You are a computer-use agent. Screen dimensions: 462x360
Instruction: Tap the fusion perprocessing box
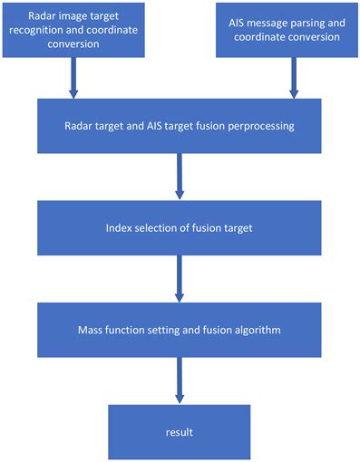[180, 126]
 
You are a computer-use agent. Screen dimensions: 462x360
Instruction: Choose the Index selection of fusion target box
[180, 227]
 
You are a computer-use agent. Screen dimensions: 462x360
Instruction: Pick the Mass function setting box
[180, 330]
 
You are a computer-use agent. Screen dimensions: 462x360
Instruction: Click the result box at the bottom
[180, 430]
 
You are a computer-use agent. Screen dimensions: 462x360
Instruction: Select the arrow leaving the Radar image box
[73, 79]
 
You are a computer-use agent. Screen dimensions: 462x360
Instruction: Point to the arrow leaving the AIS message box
[293, 79]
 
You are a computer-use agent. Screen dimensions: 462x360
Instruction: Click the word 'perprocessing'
[262, 127]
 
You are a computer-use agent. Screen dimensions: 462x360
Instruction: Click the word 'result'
[180, 431]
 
